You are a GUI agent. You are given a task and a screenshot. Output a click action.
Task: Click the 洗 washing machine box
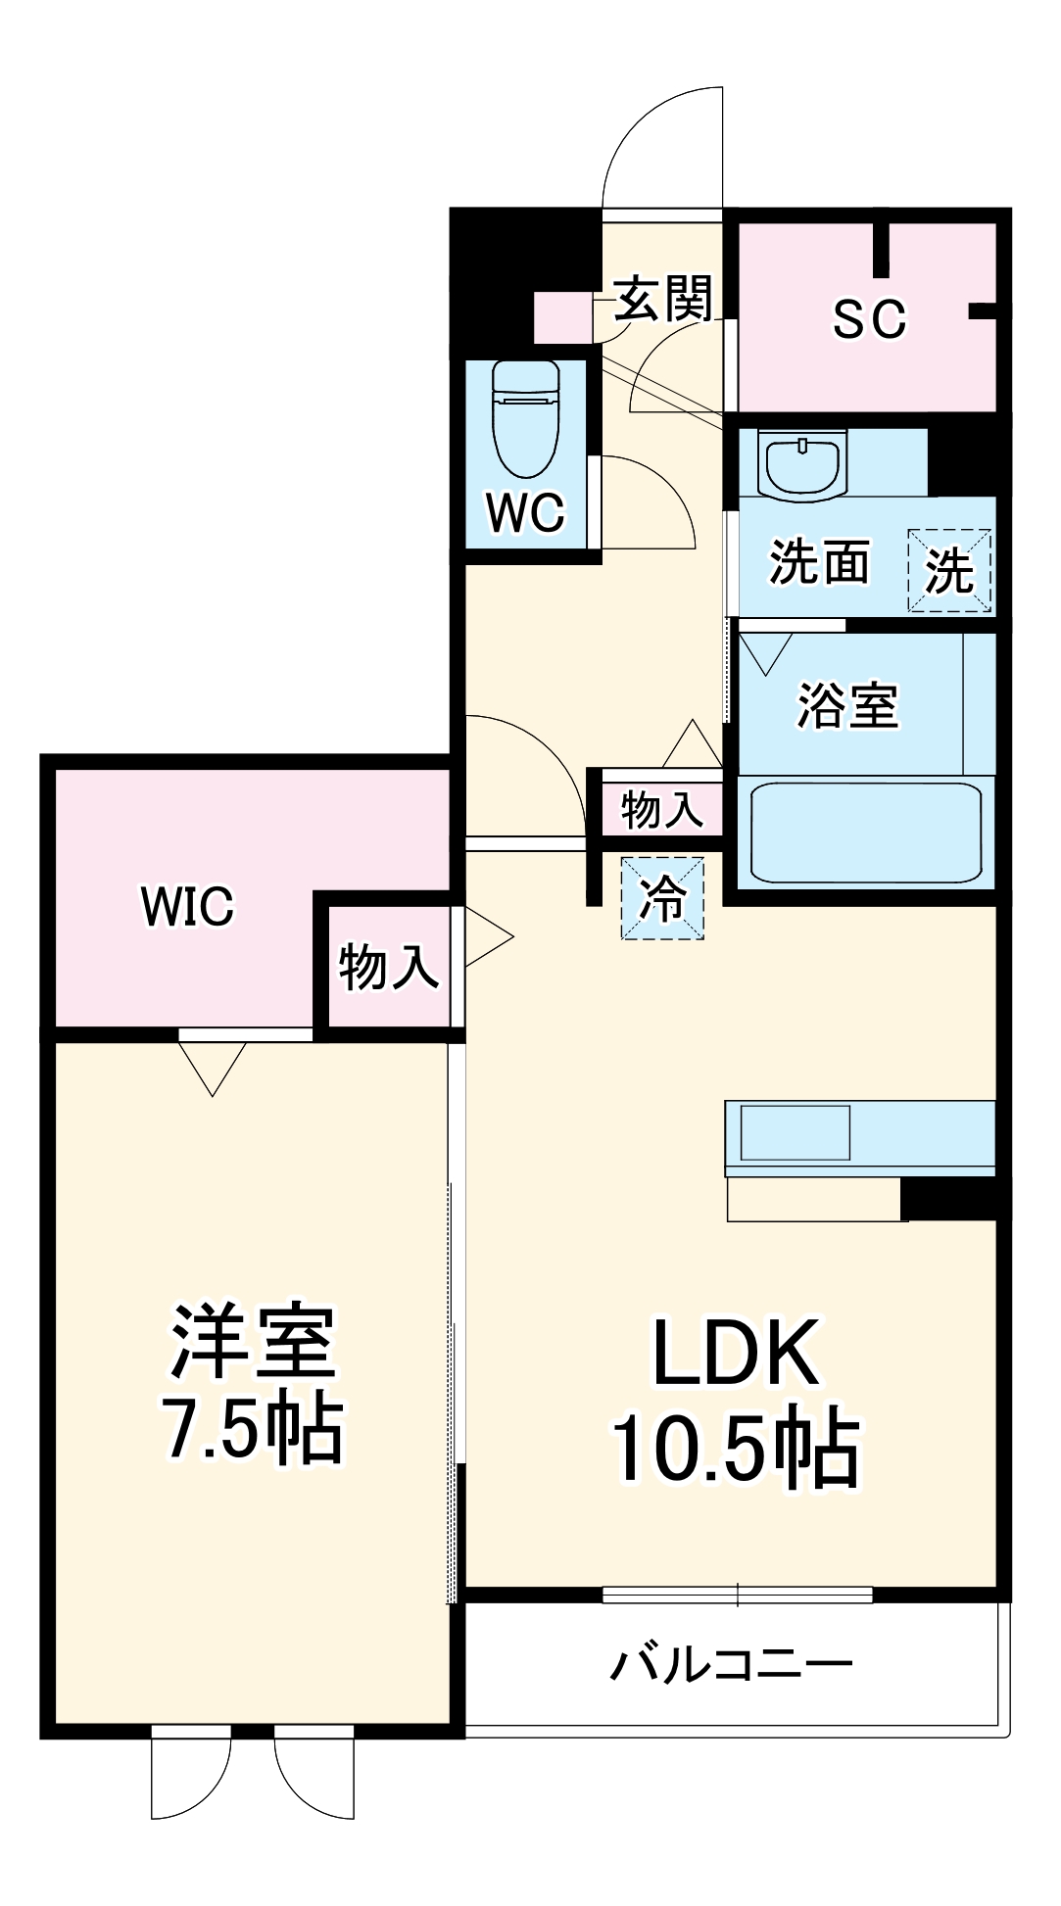click(x=949, y=571)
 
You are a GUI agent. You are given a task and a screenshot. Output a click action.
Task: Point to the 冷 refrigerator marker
click(x=662, y=898)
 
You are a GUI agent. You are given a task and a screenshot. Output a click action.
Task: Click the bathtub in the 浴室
click(x=865, y=831)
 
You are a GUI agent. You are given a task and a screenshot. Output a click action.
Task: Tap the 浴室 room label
click(x=846, y=705)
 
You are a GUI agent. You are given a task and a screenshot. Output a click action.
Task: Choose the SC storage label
click(x=869, y=318)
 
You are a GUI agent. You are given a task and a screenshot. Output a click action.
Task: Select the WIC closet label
click(x=188, y=906)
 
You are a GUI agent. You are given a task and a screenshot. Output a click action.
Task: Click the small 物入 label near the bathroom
click(x=661, y=810)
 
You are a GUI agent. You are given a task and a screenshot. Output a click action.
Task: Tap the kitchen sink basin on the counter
click(x=795, y=1133)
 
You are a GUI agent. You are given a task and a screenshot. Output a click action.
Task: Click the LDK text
click(x=735, y=1353)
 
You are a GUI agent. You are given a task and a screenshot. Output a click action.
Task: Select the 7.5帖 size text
click(x=253, y=1429)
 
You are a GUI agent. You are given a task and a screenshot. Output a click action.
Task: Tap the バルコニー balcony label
click(x=732, y=1663)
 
